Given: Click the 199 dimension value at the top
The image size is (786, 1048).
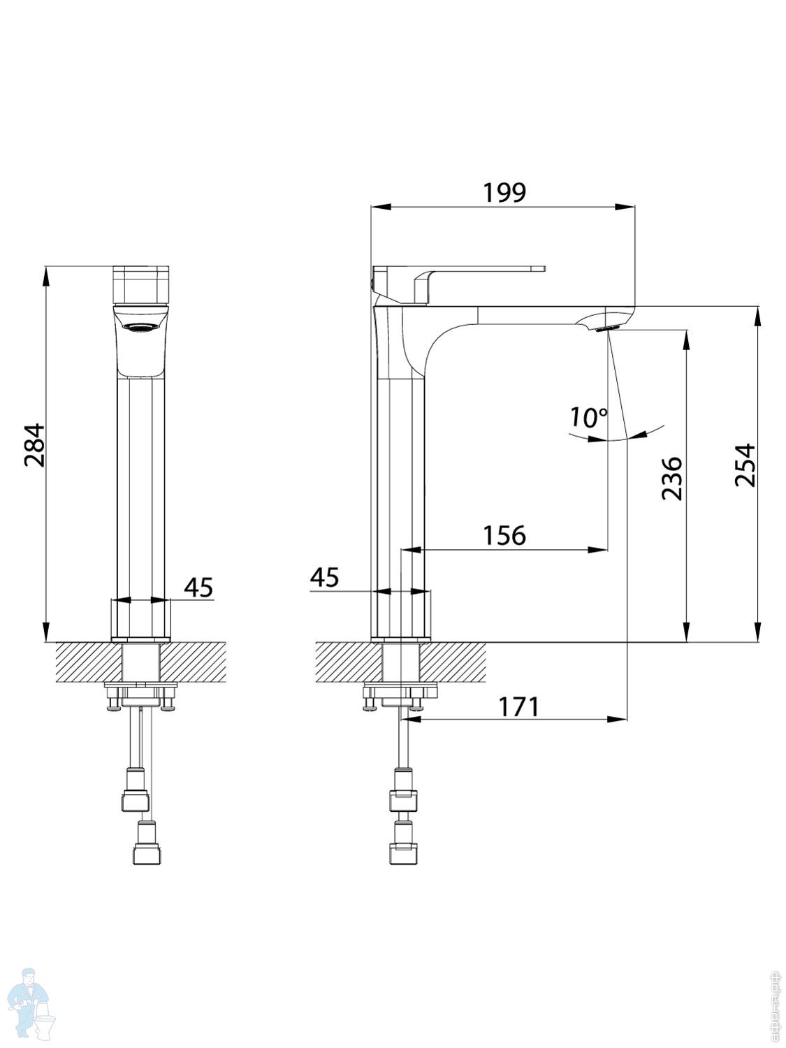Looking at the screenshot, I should coord(504,192).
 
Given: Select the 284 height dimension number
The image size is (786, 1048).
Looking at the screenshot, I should coord(34,444).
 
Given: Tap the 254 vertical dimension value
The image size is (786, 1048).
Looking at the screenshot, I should coord(745,465).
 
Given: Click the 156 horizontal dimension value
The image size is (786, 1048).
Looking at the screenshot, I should coord(504,535).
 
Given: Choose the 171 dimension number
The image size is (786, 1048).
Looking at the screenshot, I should coord(518,706).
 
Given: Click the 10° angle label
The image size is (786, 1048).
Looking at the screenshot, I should coord(588,418).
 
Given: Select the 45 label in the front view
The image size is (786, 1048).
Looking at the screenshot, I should coord(198,587).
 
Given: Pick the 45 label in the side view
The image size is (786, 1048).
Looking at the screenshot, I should coord(324,578).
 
